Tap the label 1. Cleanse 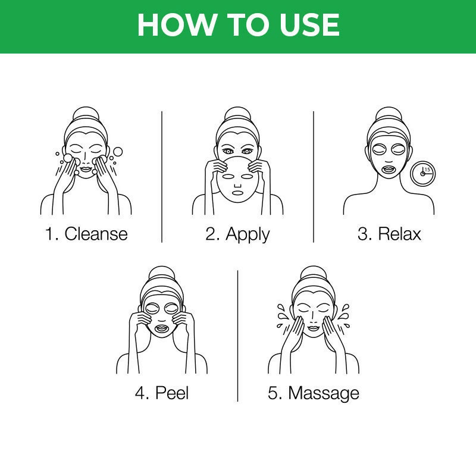tap(86, 233)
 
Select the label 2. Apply tap(237, 233)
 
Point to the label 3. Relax tap(389, 233)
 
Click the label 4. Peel tap(162, 393)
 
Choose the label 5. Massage tap(313, 393)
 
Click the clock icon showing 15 tap(423, 173)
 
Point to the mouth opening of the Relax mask tap(389, 168)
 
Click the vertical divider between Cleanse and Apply tap(162, 176)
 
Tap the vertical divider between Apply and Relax tap(314, 176)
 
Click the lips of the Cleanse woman tap(86, 171)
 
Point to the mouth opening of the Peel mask tap(162, 328)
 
